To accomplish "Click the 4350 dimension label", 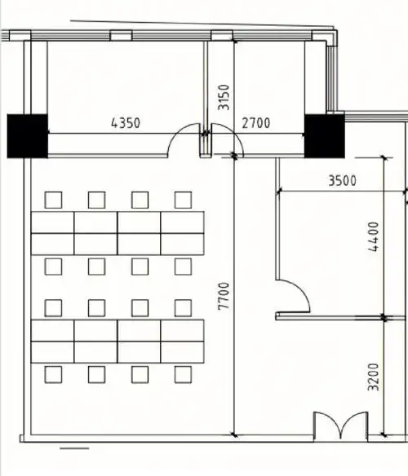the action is [x=126, y=123].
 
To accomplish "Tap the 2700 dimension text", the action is [x=256, y=123].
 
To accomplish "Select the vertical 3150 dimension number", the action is [x=224, y=97].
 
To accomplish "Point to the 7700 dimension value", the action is [x=224, y=296].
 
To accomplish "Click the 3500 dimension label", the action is [x=343, y=181].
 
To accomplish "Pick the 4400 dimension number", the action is [x=374, y=237].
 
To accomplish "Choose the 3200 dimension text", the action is [x=374, y=377].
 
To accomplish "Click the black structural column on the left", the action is [x=28, y=136].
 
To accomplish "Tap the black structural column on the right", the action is [x=325, y=136].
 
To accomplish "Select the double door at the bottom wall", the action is [x=341, y=425].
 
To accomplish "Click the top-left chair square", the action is [x=53, y=200].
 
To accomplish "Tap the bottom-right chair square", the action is [x=183, y=375].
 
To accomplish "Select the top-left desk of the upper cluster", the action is [x=52, y=223].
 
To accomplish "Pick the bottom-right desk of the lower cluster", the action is [x=182, y=352].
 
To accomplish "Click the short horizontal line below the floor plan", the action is [x=74, y=448].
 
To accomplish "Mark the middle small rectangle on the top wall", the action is [x=121, y=35].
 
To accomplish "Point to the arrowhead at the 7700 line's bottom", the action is [x=234, y=434].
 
